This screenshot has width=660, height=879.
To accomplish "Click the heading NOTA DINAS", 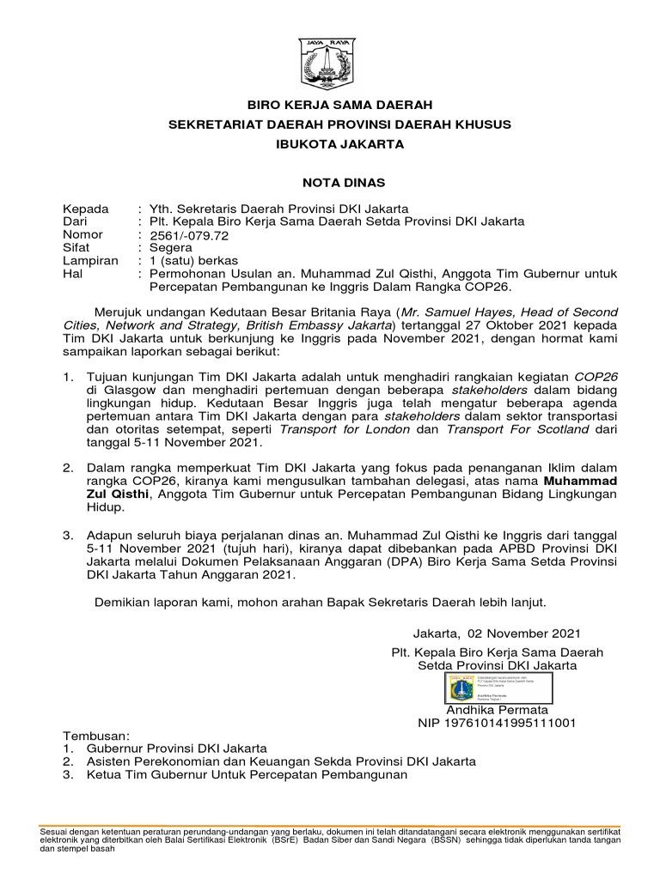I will [330, 183].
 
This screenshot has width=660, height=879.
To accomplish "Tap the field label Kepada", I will [86, 209].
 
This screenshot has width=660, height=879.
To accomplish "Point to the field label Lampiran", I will [90, 260].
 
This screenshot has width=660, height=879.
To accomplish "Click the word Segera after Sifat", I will [171, 247].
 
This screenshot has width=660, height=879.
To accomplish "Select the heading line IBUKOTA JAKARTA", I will [339, 144].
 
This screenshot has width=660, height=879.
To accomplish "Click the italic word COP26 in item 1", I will [596, 376].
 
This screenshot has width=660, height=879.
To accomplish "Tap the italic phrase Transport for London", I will [345, 428].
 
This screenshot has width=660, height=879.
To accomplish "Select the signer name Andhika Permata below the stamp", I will [497, 710].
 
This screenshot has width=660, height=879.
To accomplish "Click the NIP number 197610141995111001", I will [497, 723].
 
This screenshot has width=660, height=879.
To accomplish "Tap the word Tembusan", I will [95, 736].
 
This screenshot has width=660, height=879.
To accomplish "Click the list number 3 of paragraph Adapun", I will [68, 534].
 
